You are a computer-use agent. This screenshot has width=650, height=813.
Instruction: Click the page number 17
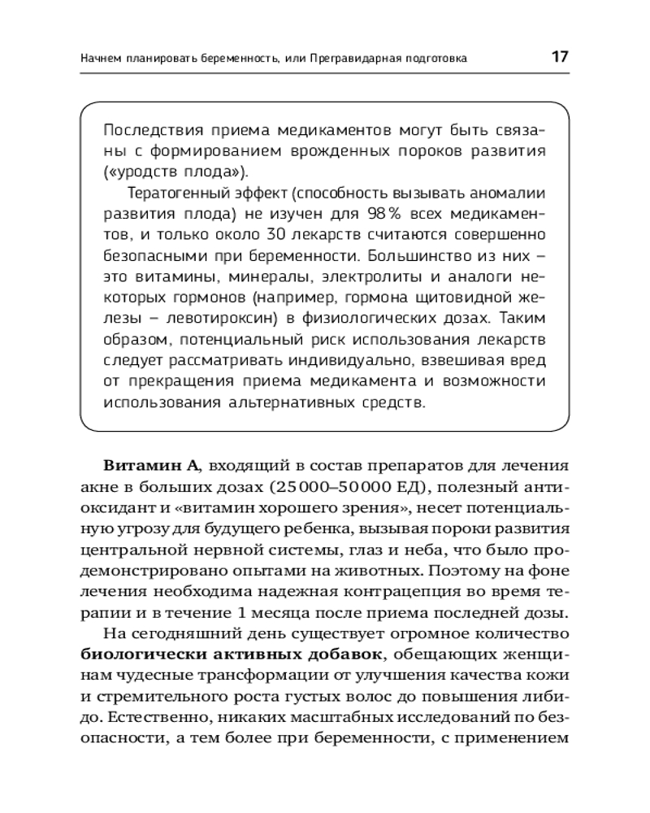559,58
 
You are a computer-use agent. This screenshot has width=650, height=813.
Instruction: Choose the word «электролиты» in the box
373,276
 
